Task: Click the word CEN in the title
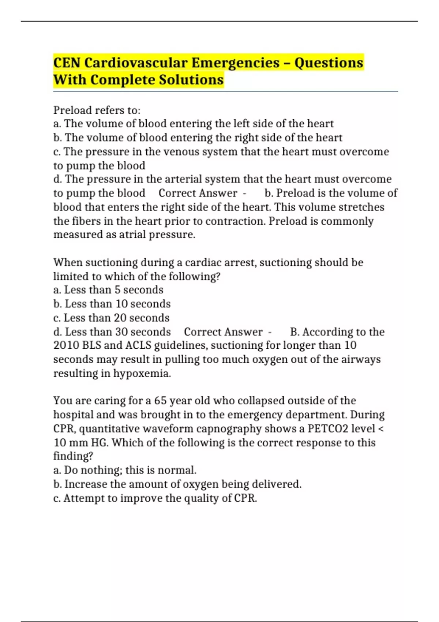click(x=67, y=63)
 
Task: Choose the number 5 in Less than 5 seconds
click(x=117, y=290)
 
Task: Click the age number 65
click(x=160, y=401)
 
